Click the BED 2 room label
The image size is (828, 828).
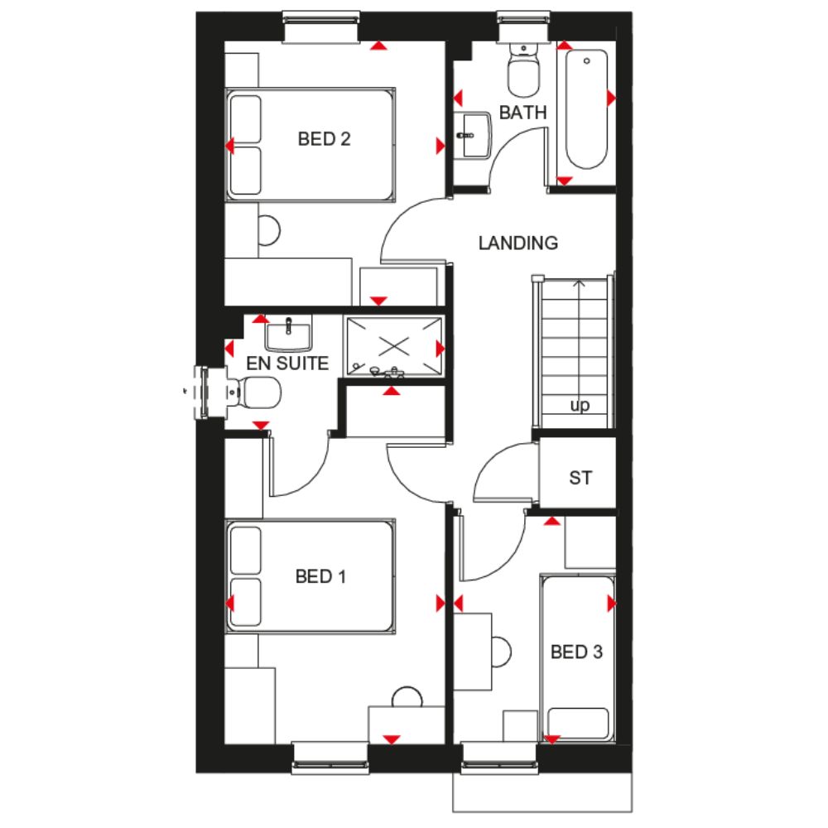click(x=324, y=139)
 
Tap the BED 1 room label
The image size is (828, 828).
click(x=320, y=576)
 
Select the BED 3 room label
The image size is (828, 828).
click(x=576, y=652)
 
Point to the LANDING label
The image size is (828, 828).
click(x=518, y=243)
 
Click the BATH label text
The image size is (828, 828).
click(x=522, y=113)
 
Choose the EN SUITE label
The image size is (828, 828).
click(x=287, y=363)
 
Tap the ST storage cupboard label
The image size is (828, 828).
click(x=580, y=478)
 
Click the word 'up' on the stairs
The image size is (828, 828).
click(x=580, y=406)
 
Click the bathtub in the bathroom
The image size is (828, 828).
click(x=586, y=108)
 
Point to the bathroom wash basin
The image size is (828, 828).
click(x=473, y=135)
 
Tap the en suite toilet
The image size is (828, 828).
click(x=253, y=392)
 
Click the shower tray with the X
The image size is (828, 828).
click(x=394, y=346)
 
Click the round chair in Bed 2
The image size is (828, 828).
click(x=269, y=230)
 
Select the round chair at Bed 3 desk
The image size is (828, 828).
click(x=501, y=652)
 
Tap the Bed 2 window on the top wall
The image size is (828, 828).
click(x=321, y=27)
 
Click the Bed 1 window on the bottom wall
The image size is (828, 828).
click(x=330, y=758)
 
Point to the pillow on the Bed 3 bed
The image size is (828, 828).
click(x=578, y=724)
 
